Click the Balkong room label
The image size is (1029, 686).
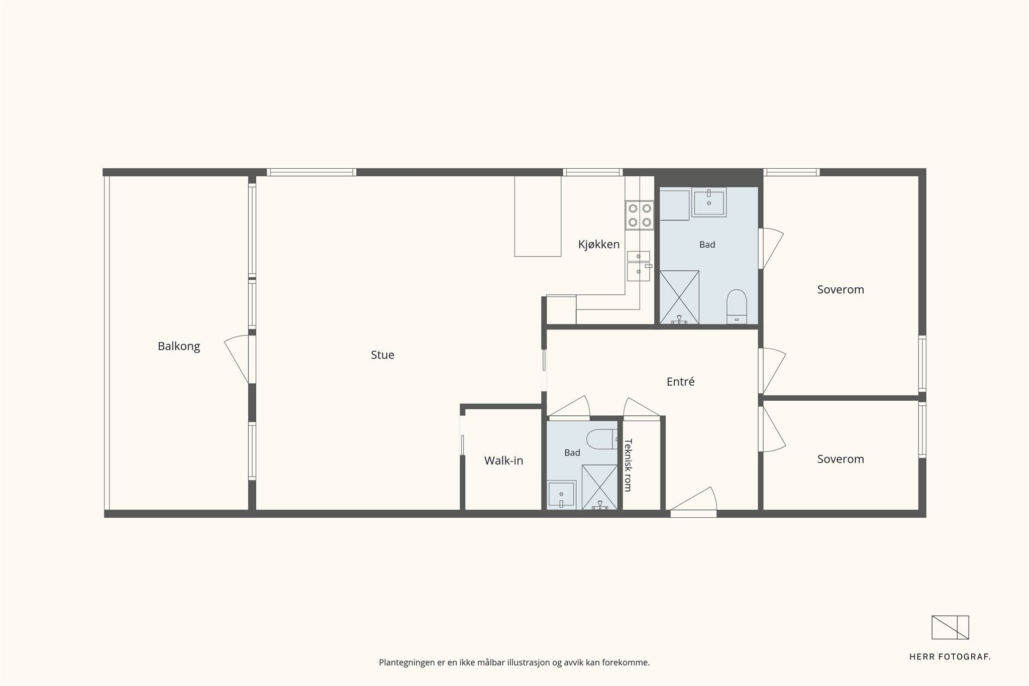179,346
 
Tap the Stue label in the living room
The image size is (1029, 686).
382,355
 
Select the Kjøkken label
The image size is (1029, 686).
598,245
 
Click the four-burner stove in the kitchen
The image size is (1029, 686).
640,215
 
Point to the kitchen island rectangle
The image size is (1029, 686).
538,216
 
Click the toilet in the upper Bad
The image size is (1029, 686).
737,306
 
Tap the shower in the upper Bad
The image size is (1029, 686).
679,297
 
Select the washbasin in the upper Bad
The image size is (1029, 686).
709,202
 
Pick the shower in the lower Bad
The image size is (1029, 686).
599,487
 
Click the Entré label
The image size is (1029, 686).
680,382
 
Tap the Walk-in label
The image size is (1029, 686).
503,461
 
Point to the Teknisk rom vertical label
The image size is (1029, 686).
628,465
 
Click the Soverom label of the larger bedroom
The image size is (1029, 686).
841,289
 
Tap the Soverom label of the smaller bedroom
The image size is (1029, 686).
841,459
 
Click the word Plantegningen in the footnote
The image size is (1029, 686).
407,663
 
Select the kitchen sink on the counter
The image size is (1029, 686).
639,266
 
